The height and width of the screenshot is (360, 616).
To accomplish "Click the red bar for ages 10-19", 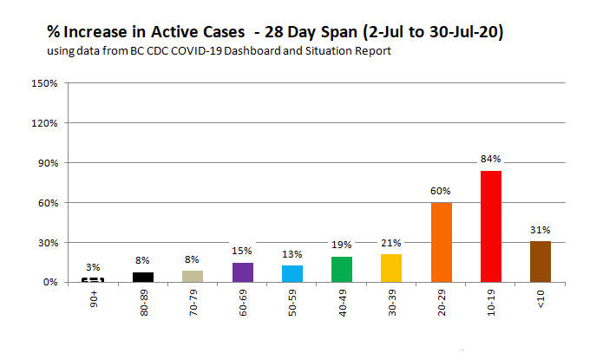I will tap(491, 226).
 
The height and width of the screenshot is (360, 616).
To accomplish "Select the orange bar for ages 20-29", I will tap(441, 242).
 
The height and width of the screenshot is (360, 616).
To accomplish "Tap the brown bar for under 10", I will tap(541, 261).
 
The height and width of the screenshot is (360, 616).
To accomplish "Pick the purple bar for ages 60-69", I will tap(241, 272).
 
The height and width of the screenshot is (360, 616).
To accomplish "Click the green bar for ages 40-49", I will tap(341, 269).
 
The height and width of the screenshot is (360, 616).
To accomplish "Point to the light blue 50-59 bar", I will tap(292, 273).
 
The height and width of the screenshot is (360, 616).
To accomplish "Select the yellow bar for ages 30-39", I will tap(391, 268).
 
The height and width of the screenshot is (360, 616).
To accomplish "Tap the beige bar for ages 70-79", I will tap(192, 277).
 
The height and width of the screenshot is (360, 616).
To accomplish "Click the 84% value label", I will tap(491, 160).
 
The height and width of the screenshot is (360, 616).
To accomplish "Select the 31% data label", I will tap(541, 230).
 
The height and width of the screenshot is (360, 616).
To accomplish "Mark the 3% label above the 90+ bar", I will tap(92, 267).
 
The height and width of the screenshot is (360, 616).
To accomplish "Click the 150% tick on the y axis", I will tap(45, 83).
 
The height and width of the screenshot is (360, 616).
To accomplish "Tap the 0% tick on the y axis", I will tap(49, 282).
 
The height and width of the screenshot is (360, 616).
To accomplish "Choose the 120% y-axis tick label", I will tap(45, 123).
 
